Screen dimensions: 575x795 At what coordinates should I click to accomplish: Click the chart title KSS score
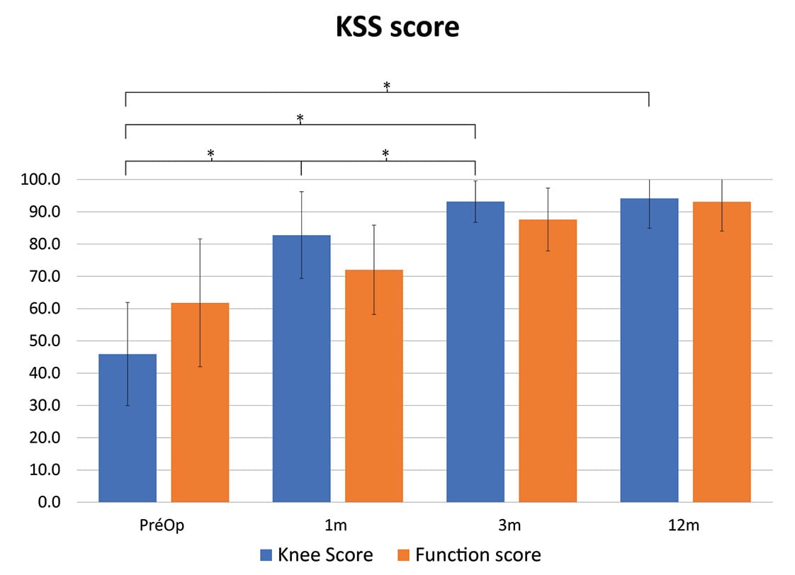point(397,27)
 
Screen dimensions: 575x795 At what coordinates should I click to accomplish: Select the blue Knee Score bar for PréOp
point(128,428)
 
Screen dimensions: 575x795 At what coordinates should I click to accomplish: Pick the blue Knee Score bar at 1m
point(301,368)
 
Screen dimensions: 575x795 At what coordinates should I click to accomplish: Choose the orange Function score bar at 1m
point(373,386)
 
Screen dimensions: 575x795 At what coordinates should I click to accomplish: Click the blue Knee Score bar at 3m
point(475,352)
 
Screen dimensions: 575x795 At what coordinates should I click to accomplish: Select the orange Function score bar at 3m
point(548,360)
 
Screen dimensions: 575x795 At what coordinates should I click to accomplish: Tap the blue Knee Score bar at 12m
point(649,350)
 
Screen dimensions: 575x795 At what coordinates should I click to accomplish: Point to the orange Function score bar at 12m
point(721,352)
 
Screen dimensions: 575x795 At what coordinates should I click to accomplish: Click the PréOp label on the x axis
point(164,526)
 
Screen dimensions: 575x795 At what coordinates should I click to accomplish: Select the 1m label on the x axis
point(337,526)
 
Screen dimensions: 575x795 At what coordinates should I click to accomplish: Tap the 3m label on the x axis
point(511,526)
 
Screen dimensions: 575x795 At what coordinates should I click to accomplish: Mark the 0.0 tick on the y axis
point(50,502)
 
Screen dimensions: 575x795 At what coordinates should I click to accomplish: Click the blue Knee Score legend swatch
point(267,554)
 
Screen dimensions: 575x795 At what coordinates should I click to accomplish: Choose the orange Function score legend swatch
point(405,554)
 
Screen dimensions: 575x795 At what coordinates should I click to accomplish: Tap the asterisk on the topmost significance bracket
point(387,86)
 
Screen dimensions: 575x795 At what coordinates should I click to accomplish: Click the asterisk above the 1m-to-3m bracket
point(386,154)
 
